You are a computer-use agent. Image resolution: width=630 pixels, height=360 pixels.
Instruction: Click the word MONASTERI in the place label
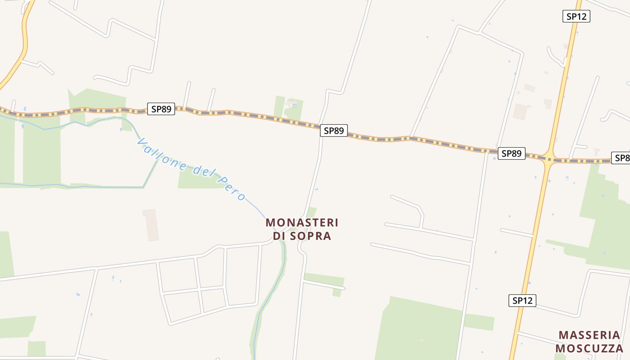click(302, 223)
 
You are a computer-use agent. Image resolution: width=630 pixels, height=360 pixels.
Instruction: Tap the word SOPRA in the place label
click(310, 236)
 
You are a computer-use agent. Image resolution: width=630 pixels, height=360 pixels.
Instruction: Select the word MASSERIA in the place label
click(589, 335)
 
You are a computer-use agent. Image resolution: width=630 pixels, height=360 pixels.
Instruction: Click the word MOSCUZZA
click(589, 348)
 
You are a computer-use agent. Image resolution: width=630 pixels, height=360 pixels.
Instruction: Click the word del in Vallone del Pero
click(203, 173)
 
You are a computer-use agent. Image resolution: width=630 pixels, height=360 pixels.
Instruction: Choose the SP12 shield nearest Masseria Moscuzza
click(522, 301)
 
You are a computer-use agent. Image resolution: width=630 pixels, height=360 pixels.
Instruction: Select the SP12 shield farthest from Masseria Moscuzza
click(576, 16)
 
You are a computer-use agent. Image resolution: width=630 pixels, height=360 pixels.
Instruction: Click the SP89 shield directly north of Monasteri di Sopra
click(334, 131)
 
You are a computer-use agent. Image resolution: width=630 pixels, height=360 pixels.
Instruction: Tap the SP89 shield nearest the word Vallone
click(161, 109)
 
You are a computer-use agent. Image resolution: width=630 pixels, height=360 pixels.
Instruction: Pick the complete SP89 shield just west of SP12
click(511, 153)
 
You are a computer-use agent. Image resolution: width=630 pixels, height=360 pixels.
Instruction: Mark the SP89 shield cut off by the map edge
click(621, 158)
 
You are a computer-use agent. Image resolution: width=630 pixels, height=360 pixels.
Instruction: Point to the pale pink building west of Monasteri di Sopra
click(151, 225)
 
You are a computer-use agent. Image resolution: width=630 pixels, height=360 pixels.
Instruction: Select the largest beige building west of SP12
click(520, 112)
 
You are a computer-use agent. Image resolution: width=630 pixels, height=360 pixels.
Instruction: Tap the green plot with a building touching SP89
click(288, 108)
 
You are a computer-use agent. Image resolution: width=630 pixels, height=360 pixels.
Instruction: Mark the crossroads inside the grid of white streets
click(199, 288)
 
